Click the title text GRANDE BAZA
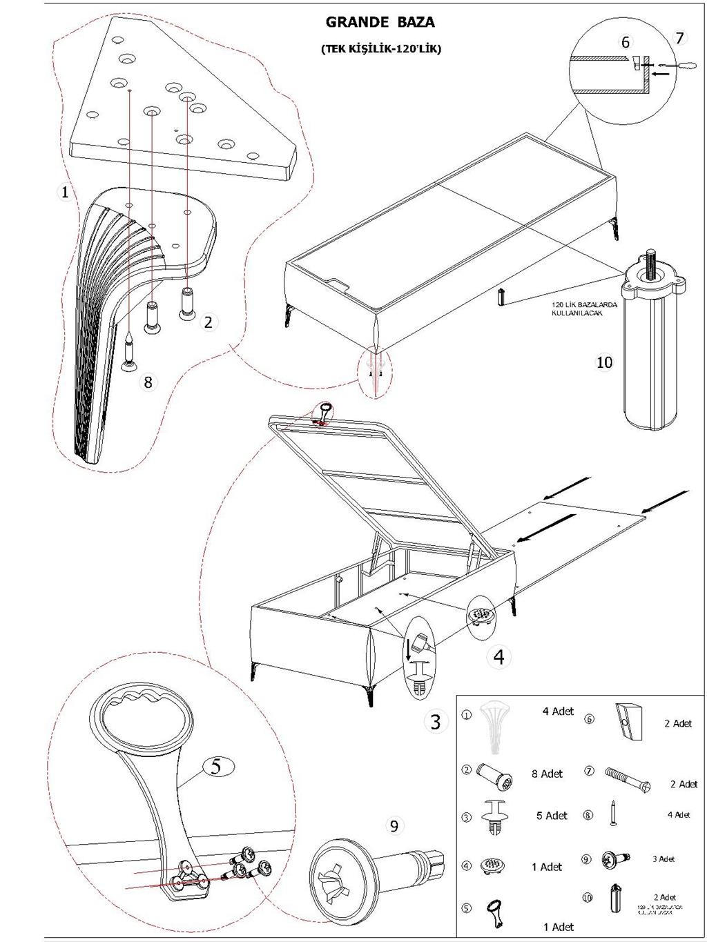pos(380,22)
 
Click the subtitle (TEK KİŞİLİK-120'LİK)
pos(380,49)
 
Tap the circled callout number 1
pos(65,192)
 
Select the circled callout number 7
pos(679,38)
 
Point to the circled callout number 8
pos(148,382)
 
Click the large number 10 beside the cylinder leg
pos(604,362)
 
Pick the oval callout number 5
pos(216,766)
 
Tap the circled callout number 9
pos(394,825)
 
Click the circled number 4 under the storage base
pos(499,657)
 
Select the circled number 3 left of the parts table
pos(435,723)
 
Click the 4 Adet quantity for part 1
pos(558,712)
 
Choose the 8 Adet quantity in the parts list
pos(547,774)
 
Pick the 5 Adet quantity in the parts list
pos(552,816)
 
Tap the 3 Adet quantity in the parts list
pos(664,859)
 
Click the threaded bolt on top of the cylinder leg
pos(650,263)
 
